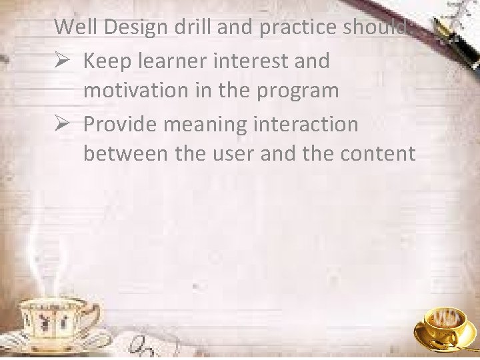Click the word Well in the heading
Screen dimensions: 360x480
pyautogui.click(x=72, y=27)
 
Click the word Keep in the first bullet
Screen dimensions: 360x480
pyautogui.click(x=109, y=61)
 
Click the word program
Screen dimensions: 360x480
pyautogui.click(x=299, y=91)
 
